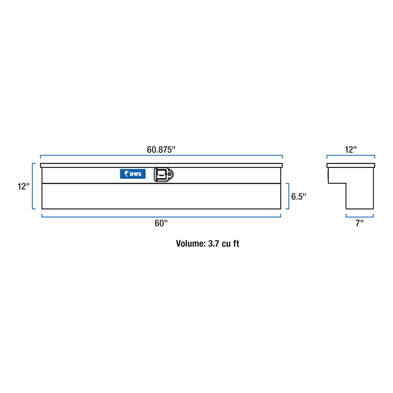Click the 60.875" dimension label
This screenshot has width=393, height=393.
tap(161, 150)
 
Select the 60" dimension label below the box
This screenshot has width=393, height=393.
tap(161, 223)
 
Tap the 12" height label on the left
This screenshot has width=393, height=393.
tap(23, 186)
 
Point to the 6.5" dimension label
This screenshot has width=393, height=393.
tap(298, 196)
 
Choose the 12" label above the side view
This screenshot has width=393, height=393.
tap(351, 150)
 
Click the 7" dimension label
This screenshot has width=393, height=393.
tap(359, 223)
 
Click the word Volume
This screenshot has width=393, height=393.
tap(190, 243)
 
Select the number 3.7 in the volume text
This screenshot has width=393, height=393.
tap(214, 243)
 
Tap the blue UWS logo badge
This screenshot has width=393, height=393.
tap(133, 174)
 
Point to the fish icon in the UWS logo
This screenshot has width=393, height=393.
tap(126, 174)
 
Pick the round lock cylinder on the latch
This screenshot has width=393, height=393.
tap(169, 174)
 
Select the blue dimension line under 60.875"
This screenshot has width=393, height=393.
tap(161, 155)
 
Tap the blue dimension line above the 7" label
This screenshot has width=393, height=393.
tap(360, 217)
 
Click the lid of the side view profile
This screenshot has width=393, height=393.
tap(351, 165)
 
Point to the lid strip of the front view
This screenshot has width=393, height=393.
tap(161, 165)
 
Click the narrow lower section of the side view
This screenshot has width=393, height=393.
tap(360, 196)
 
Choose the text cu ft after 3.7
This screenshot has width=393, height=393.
tap(231, 243)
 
